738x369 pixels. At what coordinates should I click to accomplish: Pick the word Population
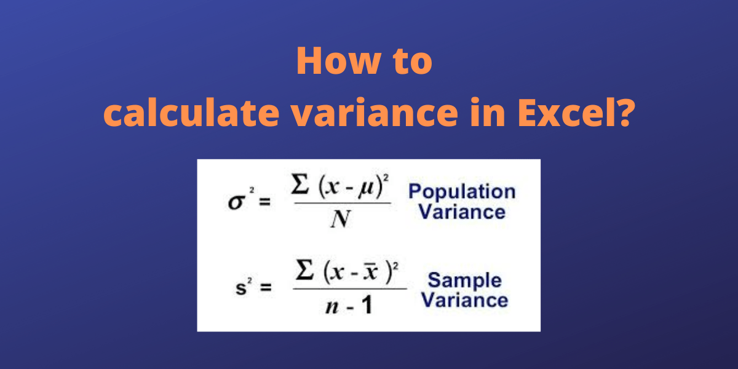click(x=461, y=191)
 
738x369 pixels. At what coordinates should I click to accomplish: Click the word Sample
click(x=464, y=280)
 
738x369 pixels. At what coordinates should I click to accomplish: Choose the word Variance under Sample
click(x=468, y=301)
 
